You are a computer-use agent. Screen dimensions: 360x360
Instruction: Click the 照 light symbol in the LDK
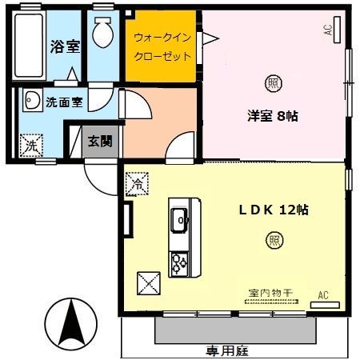(275, 238)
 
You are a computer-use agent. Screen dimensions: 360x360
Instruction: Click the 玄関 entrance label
(100, 142)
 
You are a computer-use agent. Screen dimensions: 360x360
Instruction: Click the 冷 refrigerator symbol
(137, 183)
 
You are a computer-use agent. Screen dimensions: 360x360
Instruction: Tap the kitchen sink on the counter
(179, 216)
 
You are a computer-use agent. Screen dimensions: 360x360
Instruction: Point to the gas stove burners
(178, 261)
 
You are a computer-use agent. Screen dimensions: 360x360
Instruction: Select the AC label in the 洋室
(328, 30)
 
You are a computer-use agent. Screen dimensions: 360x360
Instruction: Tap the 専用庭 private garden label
(224, 349)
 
